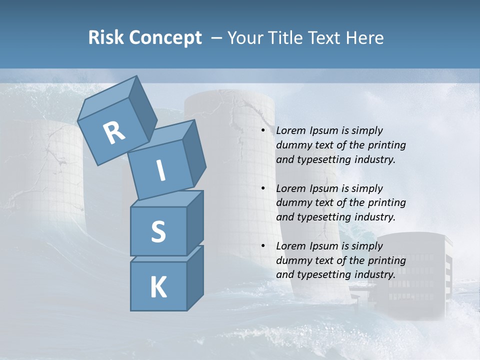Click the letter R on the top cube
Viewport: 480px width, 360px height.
coord(114,133)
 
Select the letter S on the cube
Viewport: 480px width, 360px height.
coord(158,231)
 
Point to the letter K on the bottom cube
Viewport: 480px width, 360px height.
coord(158,287)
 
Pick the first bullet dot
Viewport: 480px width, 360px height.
coord(263,131)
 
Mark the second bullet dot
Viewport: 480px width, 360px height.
coord(263,188)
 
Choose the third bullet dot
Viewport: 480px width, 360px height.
coord(263,246)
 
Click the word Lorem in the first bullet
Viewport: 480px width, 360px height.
coord(290,130)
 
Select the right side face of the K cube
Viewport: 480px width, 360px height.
coord(195,277)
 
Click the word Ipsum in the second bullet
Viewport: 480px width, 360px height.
coord(323,188)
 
